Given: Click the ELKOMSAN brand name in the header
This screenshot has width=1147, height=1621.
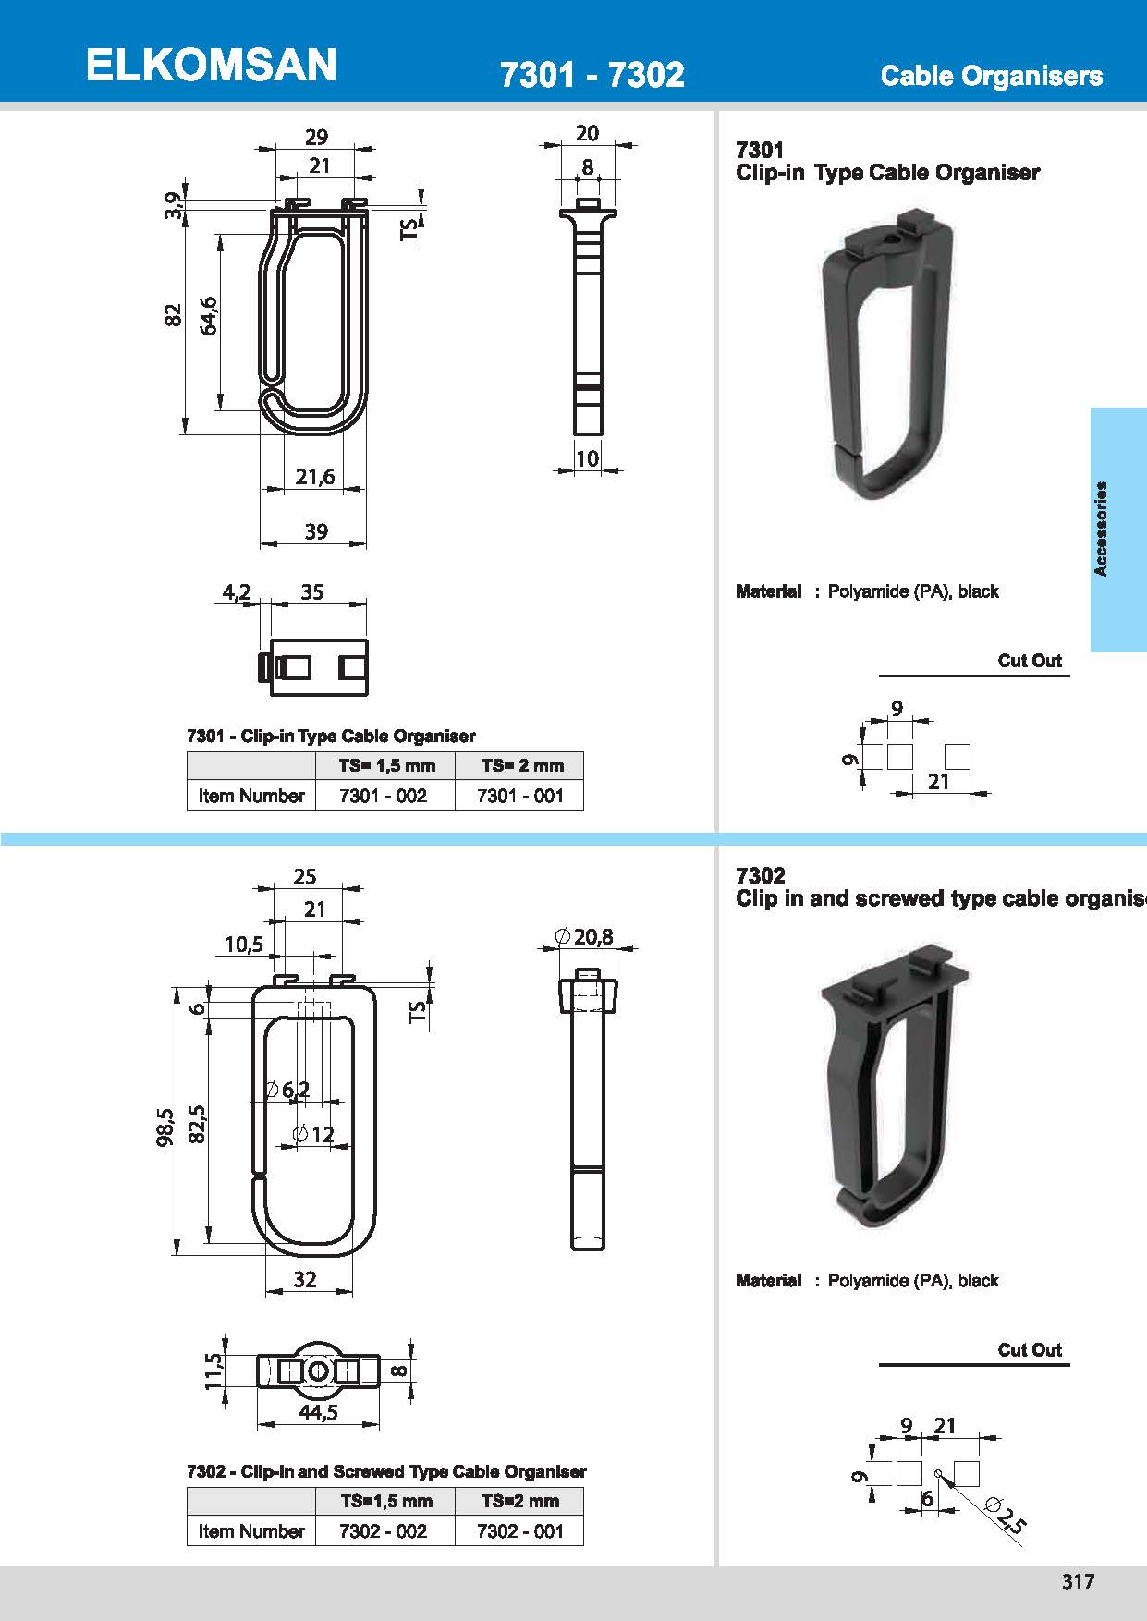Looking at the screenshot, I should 211,66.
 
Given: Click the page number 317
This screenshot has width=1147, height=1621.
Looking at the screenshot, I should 1078,1581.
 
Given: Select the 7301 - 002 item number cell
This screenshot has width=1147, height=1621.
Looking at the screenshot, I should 384,796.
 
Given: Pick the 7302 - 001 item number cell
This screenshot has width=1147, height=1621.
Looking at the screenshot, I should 519,1531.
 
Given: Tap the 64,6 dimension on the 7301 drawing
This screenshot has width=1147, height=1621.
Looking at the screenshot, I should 208,315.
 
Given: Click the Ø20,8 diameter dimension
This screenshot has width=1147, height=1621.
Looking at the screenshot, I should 586,937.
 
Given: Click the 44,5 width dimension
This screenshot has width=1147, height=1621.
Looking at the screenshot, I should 317,1412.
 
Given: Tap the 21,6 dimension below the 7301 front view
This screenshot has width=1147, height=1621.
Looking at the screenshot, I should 315,477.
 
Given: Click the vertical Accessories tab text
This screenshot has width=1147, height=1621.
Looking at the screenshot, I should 1100,530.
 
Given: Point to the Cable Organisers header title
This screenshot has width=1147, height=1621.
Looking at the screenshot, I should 991,76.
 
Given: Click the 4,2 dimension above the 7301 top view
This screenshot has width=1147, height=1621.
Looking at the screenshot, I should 237,592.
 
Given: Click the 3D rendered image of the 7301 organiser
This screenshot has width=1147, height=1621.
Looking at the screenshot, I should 885,356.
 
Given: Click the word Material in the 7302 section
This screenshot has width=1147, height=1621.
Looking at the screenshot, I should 768,1281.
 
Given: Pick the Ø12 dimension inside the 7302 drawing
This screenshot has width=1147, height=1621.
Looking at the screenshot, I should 313,1134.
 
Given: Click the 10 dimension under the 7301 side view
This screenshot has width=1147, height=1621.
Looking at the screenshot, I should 587,458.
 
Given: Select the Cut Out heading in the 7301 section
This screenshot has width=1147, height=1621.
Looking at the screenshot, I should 1029,661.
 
